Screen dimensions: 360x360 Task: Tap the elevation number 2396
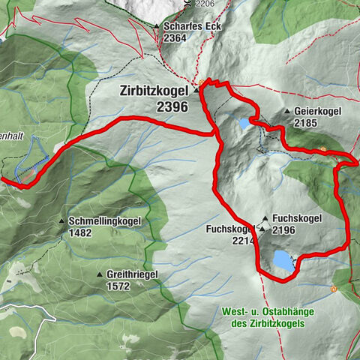click(172, 107)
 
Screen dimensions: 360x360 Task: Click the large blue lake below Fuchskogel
click(282, 261)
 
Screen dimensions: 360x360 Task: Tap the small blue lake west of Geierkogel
click(244, 122)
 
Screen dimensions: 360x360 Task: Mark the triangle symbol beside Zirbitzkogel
click(196, 91)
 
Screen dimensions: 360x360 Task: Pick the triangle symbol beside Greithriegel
click(100, 274)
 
